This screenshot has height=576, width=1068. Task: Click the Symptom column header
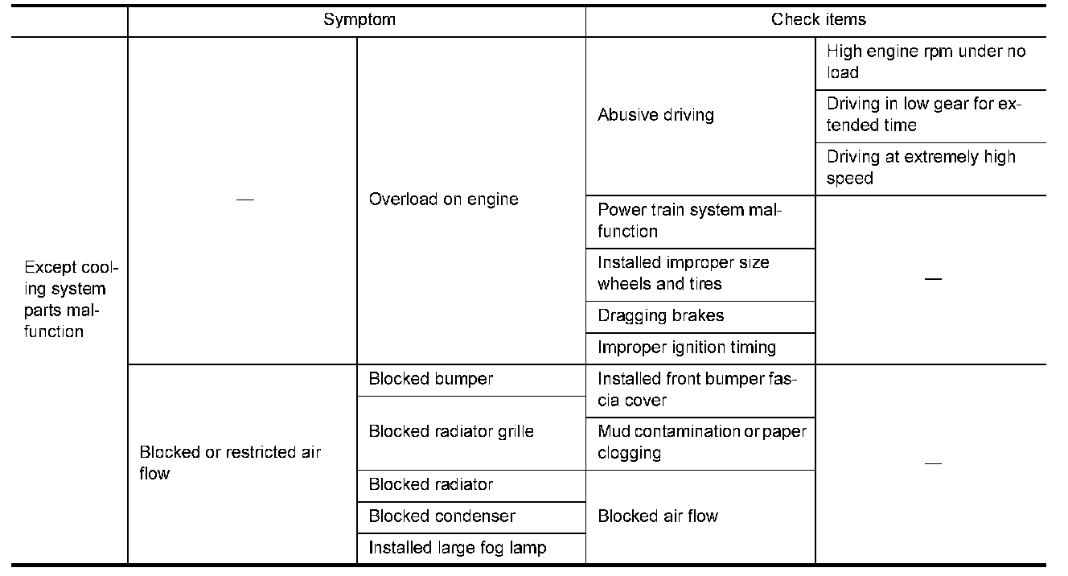point(359,20)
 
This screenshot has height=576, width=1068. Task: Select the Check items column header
point(818,20)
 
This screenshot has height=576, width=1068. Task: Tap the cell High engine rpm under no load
point(926,62)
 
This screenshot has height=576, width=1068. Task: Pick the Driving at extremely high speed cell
point(921,167)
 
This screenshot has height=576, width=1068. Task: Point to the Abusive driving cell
point(655,115)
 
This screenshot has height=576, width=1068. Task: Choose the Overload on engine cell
point(443,200)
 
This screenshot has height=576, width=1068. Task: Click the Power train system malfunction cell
point(689,220)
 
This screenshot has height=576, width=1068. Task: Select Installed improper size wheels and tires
point(683,273)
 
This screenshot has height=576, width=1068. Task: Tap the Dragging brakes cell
point(660,315)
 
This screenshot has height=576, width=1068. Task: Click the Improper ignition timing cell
point(686,348)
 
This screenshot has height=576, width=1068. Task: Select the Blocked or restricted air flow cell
point(230,463)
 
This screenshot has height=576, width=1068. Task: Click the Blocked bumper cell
point(430,379)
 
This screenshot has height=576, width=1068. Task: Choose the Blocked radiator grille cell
point(450,431)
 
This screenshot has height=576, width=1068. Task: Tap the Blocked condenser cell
point(442,516)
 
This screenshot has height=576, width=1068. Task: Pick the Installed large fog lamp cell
point(457,548)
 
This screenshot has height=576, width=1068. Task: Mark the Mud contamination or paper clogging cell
point(701,442)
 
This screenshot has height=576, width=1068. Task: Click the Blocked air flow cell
point(657,516)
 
